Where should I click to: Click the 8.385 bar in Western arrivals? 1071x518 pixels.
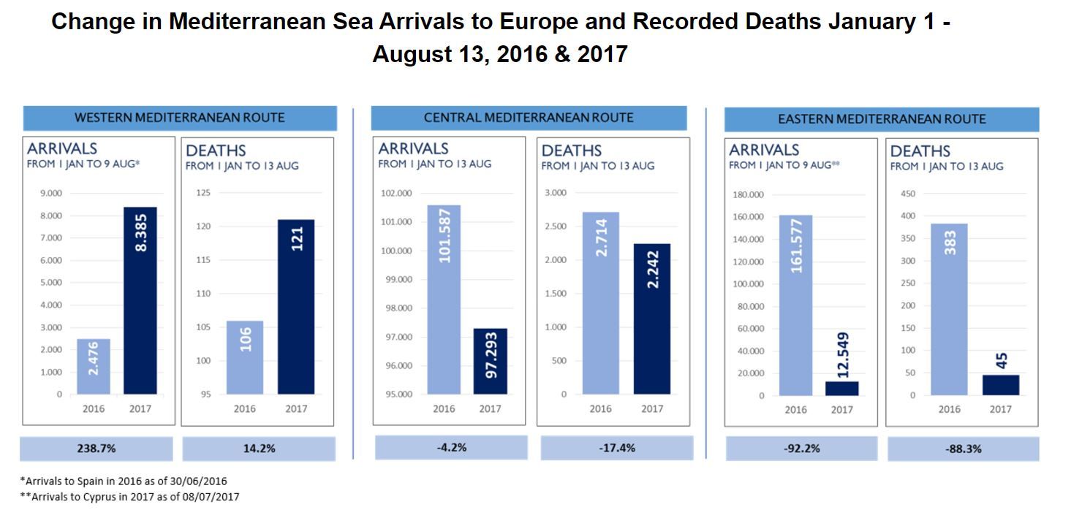[x=140, y=300]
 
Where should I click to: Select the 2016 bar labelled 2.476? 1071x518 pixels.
[x=94, y=366]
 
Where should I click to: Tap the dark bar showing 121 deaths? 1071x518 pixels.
[x=296, y=307]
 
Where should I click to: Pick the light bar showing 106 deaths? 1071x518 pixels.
[x=245, y=357]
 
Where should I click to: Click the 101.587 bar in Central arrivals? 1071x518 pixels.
[x=444, y=300]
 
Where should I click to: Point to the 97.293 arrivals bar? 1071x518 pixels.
[x=490, y=362]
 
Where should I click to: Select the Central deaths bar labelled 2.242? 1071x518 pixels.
[x=652, y=319]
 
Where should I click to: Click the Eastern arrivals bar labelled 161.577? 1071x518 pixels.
[x=796, y=305]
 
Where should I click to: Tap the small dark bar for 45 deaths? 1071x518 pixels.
[x=1001, y=385]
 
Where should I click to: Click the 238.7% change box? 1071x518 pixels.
[x=96, y=449]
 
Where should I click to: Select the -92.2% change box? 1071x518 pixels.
[x=802, y=449]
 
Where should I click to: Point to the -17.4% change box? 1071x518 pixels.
[x=616, y=448]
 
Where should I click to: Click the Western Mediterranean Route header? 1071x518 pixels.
[x=180, y=118]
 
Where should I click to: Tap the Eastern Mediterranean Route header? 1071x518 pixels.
[x=881, y=119]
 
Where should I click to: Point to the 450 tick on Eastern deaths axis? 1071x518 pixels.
[x=907, y=194]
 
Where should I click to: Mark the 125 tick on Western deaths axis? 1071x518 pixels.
[x=203, y=194]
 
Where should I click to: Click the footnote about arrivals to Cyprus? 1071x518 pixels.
[x=129, y=497]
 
